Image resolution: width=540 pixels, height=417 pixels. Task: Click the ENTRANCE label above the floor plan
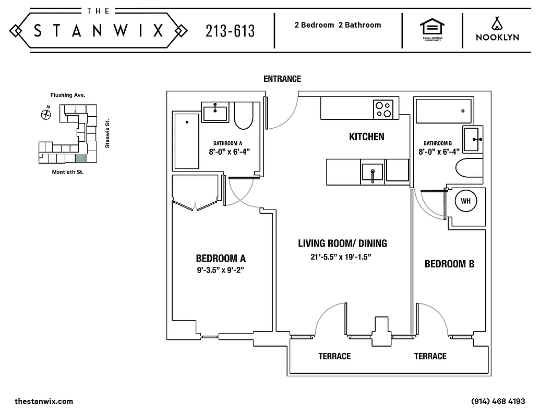click(x=282, y=79)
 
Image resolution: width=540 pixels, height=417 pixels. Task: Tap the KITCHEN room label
click(x=366, y=137)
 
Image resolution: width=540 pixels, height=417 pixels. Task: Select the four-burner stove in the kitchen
click(x=383, y=109)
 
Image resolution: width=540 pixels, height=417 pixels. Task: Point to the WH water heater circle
click(x=464, y=200)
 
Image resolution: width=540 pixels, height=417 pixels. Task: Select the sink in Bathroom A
click(x=215, y=112)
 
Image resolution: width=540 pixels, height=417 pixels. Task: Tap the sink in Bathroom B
click(x=473, y=139)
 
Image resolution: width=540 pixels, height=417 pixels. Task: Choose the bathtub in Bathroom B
click(x=443, y=111)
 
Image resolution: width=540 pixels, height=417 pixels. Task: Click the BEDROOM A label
click(x=220, y=258)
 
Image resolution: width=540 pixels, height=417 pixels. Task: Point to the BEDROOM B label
click(x=449, y=264)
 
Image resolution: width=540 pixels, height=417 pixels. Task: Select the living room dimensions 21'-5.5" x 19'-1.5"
click(x=342, y=257)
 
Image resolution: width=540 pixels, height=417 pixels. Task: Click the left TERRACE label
click(x=334, y=356)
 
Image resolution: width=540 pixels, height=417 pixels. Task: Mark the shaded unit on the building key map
click(x=80, y=157)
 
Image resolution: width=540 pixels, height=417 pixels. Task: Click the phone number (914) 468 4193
click(x=497, y=401)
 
